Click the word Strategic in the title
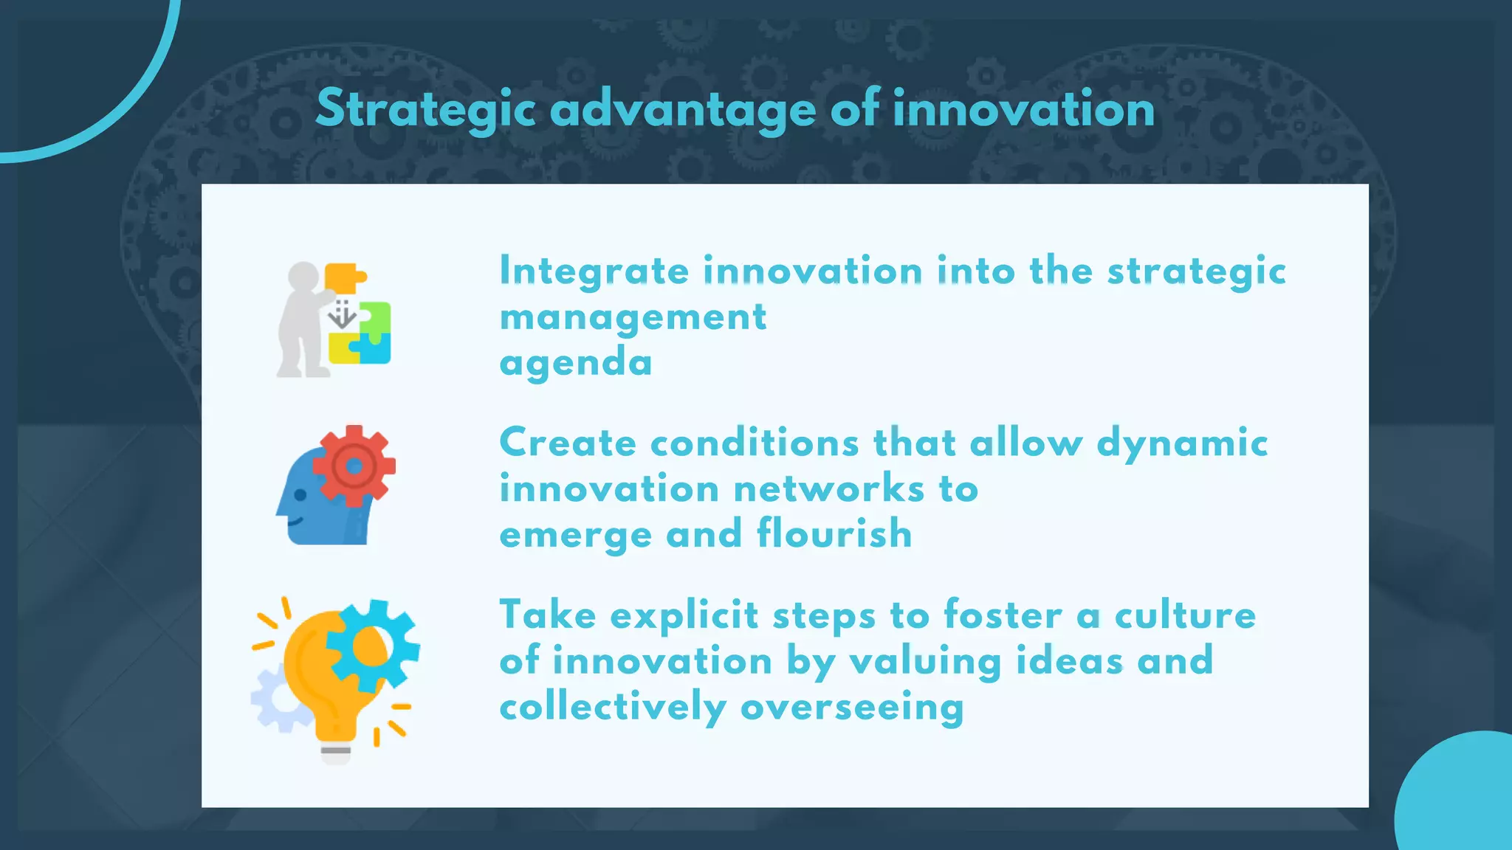pos(425,109)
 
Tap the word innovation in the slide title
pos(1023,109)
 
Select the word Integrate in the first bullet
pos(594,271)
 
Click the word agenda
pos(576,363)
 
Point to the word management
pos(633,317)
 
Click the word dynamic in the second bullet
pos(1182,443)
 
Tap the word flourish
pos(834,533)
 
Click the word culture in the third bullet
pos(1185,615)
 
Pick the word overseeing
pos(852,707)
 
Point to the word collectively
pos(613,707)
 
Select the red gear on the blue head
pos(354,466)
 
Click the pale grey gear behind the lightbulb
pos(275,697)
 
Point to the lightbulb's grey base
pos(336,753)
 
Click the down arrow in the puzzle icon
pos(342,315)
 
